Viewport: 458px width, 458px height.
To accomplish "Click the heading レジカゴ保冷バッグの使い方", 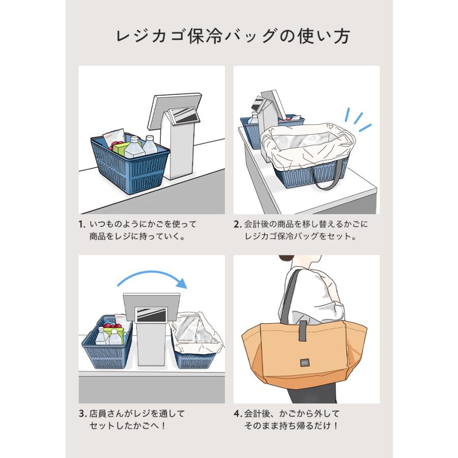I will pyautogui.click(x=229, y=37).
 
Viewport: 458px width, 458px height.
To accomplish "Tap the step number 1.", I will pyautogui.click(x=81, y=224).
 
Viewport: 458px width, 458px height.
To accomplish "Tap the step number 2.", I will pyautogui.click(x=236, y=224).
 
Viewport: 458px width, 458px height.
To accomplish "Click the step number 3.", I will pyautogui.click(x=81, y=414).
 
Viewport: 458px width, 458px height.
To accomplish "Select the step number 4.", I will pyautogui.click(x=237, y=414).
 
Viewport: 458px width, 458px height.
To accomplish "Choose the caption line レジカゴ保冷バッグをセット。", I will pyautogui.click(x=300, y=237).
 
